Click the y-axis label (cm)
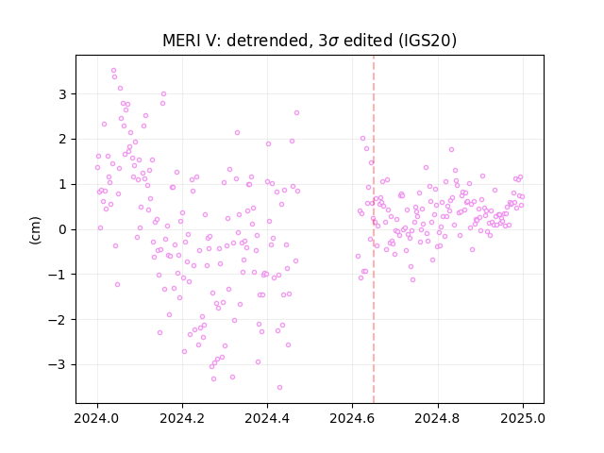[x=35, y=230]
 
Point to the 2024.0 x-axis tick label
[x=97, y=418]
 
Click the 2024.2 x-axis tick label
[x=182, y=418]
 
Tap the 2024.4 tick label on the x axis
[x=267, y=418]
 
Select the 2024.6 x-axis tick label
[x=352, y=418]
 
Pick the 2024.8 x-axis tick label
[x=438, y=418]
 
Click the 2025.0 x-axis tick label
[x=523, y=418]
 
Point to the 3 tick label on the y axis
[x=62, y=94]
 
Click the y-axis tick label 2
[x=62, y=139]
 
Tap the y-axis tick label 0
[x=62, y=229]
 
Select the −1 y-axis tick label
[x=58, y=275]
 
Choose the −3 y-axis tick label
[x=58, y=365]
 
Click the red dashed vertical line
[x=374, y=229]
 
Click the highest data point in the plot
[x=113, y=71]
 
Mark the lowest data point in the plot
[x=279, y=388]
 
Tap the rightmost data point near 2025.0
[x=522, y=197]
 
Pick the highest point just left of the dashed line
[x=362, y=139]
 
